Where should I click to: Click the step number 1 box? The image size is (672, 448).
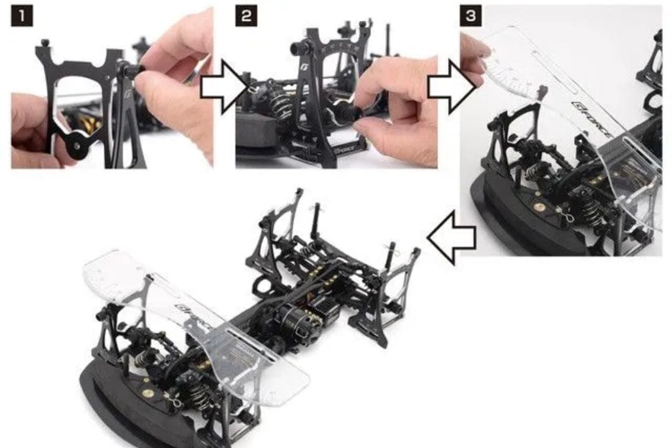pos(22,16)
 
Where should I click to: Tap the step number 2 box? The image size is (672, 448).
pos(246,16)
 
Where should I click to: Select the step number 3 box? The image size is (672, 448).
pos(470,16)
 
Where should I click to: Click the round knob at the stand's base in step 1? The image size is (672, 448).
pos(77,143)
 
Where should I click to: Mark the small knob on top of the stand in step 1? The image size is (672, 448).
pos(45,44)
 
